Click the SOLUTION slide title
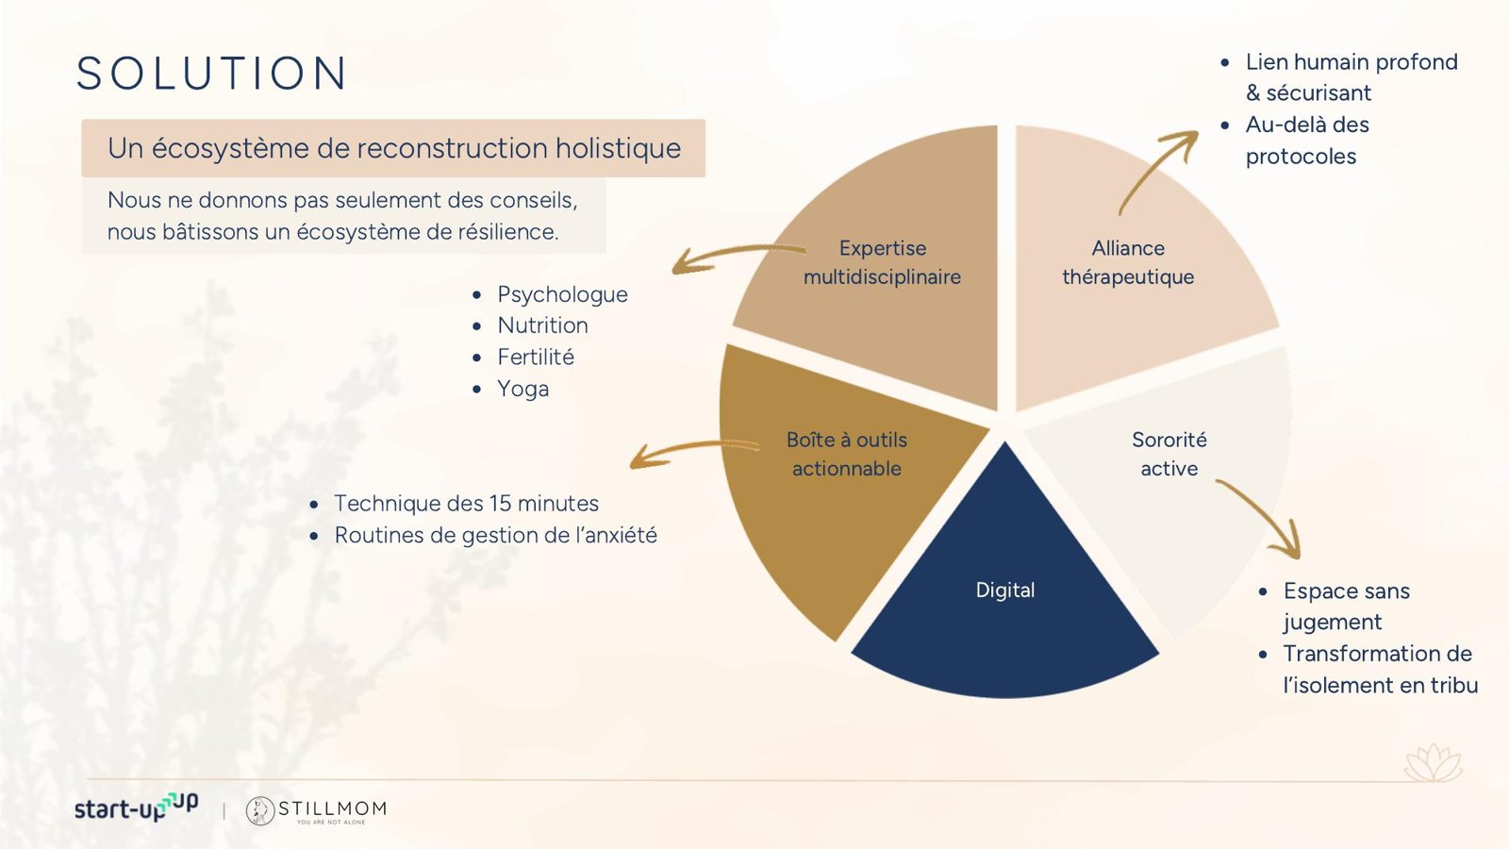(211, 73)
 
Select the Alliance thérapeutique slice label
(1128, 262)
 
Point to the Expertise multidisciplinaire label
(882, 262)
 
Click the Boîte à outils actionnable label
(847, 454)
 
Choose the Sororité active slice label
(1169, 454)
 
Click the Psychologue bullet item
(562, 294)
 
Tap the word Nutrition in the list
(542, 325)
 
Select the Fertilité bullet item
(536, 358)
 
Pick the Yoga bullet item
(522, 389)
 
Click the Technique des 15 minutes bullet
(466, 504)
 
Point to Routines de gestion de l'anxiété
(496, 535)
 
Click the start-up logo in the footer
(136, 807)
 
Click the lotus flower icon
(1434, 762)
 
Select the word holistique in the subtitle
(618, 149)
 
